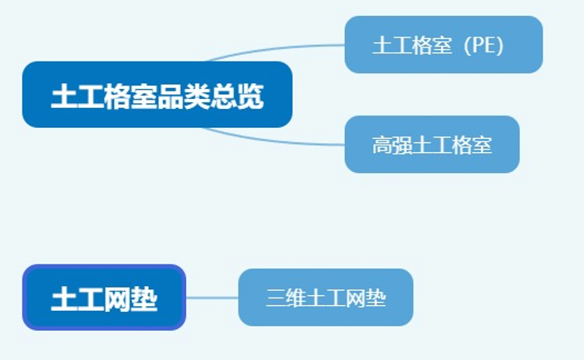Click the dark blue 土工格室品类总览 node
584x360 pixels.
pos(157,94)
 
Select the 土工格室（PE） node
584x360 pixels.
pos(444,45)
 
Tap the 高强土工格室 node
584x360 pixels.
pos(432,144)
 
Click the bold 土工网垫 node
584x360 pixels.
pos(105,298)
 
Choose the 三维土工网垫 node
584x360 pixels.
pos(326,298)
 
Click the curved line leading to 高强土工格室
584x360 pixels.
pos(272,140)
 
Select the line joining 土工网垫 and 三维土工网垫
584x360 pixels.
pos(213,298)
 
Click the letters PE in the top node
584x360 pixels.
pos(483,45)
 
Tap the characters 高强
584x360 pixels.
pos(392,145)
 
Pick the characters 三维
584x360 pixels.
pos(286,298)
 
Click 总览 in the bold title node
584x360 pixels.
pos(238,96)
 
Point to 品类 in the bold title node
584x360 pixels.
pos(184,96)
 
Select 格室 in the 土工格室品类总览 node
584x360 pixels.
pos(130,96)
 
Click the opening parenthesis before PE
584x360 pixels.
pos(467,46)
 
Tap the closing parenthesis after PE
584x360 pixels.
pos(500,46)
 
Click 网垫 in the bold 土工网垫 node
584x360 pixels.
pos(130,298)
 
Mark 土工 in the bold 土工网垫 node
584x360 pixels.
pos(78,298)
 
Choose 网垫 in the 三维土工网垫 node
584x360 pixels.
pos(366,298)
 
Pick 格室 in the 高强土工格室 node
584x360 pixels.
pos(472,145)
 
